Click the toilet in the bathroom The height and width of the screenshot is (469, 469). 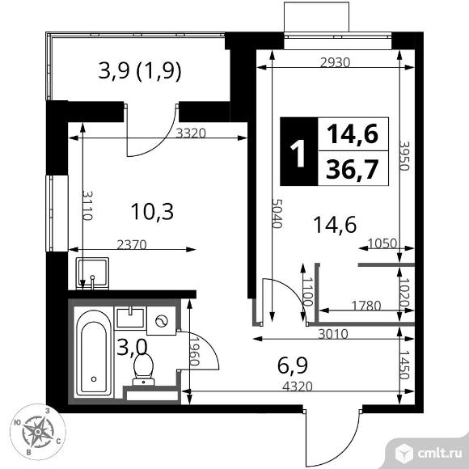tap(144, 369)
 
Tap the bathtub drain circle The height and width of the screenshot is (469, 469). tap(94, 379)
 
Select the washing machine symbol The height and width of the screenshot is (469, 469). tap(161, 321)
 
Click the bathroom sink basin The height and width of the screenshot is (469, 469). tap(130, 317)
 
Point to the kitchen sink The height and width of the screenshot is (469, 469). tap(92, 273)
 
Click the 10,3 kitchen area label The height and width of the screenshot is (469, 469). tap(152, 212)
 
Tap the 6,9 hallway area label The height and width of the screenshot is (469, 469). tap(292, 365)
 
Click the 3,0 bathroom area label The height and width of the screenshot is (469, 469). tap(132, 347)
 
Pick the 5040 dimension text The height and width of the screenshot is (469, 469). tap(277, 213)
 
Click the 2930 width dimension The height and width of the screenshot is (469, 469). tap(335, 62)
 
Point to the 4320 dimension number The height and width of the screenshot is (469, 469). tap(298, 387)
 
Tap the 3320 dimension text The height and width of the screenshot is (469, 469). tap(191, 133)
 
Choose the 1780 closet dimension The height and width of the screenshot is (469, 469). tap(366, 306)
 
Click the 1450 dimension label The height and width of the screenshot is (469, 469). tap(404, 365)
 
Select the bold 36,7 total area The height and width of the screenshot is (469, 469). tap(353, 169)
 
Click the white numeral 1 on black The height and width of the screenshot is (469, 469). tap(298, 153)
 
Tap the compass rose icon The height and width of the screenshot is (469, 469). tap(38, 432)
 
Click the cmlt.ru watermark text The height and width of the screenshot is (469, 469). tap(439, 454)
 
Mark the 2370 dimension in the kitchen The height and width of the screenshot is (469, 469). tap(132, 245)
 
